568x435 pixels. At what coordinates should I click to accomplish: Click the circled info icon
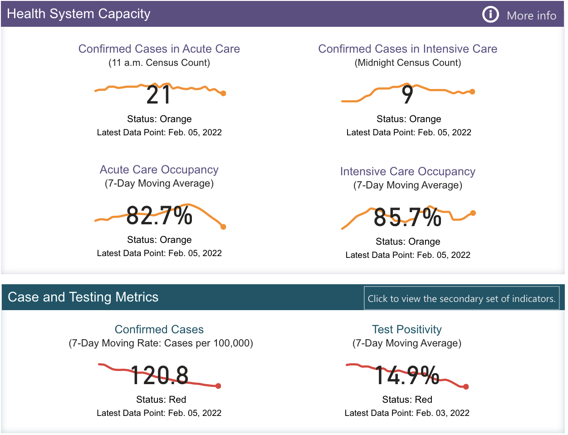tap(490, 15)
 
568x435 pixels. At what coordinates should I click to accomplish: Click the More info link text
tap(531, 15)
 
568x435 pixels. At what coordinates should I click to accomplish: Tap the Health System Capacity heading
tap(78, 14)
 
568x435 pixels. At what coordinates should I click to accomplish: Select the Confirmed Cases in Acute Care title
tap(159, 49)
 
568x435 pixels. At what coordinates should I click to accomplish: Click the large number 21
tap(158, 95)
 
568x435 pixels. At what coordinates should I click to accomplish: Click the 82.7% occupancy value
tap(159, 215)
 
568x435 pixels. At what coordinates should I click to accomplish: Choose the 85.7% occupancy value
tap(407, 217)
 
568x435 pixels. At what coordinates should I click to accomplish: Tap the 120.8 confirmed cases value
tap(159, 376)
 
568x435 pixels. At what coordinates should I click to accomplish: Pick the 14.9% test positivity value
tap(407, 376)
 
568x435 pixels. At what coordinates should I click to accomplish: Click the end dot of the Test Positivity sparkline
tap(466, 387)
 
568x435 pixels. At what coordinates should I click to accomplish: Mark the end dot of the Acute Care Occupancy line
tap(223, 227)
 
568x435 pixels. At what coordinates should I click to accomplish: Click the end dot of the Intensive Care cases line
tap(472, 92)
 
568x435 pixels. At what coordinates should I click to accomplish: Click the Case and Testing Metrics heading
tap(83, 297)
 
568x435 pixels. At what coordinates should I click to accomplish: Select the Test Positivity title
tap(407, 329)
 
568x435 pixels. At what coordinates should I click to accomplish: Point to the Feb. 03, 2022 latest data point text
tap(407, 413)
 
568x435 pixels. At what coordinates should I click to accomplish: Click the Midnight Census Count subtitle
tap(408, 63)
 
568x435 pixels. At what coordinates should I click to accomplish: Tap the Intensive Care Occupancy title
tap(408, 171)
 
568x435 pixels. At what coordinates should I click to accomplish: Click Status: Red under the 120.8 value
tap(161, 400)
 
